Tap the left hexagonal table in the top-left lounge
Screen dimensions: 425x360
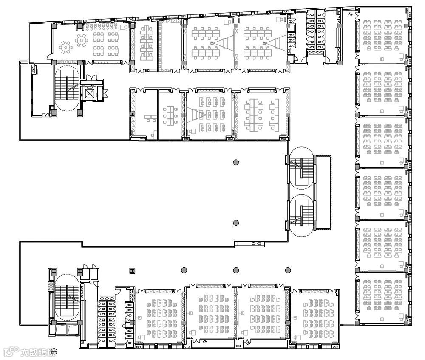pyautogui.click(x=65, y=48)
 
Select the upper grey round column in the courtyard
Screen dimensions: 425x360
pyautogui.click(x=236, y=162)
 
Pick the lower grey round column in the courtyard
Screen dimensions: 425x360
pyautogui.click(x=236, y=222)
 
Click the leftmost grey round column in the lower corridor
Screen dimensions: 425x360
pyautogui.click(x=184, y=270)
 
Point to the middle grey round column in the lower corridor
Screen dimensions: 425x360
pyautogui.click(x=236, y=270)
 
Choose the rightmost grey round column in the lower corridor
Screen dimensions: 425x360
pyautogui.click(x=288, y=270)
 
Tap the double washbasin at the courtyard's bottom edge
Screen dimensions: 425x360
pyautogui.click(x=257, y=244)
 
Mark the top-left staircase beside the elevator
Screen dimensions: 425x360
pyautogui.click(x=66, y=87)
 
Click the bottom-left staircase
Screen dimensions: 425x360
pyautogui.click(x=66, y=297)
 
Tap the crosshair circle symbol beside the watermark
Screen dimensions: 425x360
pyautogui.click(x=54, y=352)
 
